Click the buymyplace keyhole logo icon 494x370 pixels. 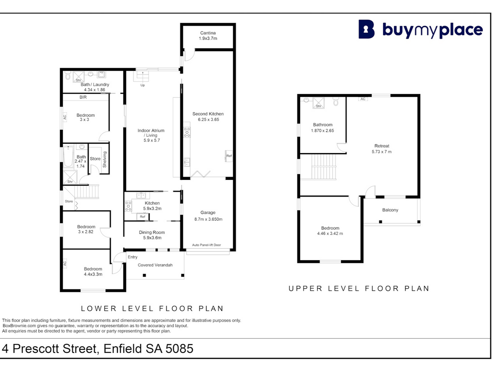point(366,29)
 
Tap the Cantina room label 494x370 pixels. point(208,33)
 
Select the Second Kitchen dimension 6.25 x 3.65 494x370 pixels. point(208,120)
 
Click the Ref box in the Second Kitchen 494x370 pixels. point(229,155)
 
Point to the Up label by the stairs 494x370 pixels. point(143,85)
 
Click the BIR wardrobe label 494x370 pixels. point(83,97)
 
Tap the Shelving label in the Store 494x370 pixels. point(104,159)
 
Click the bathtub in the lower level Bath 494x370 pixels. point(68,157)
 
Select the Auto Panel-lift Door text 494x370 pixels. point(206,245)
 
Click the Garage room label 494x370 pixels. point(208,212)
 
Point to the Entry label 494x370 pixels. point(132,257)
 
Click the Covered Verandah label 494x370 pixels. point(155,265)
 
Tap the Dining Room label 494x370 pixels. point(152,232)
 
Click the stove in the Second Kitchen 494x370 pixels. point(187,132)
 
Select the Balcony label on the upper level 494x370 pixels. point(390,210)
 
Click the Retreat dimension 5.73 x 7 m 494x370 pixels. point(382,152)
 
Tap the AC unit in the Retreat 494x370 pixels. point(363,99)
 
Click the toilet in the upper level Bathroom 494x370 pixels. point(336,102)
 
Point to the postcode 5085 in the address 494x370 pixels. point(179,348)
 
